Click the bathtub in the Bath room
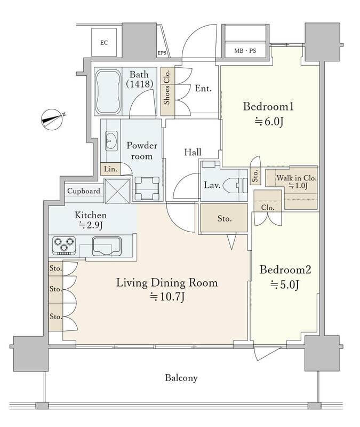click(x=108, y=92)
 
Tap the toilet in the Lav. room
click(x=235, y=185)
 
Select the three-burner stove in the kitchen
click(x=64, y=246)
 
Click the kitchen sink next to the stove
click(x=107, y=246)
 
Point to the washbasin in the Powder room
click(x=111, y=141)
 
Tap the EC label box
click(x=104, y=43)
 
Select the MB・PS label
click(x=245, y=51)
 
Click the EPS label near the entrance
click(x=162, y=53)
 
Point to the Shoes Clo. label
click(x=167, y=87)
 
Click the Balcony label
click(x=181, y=378)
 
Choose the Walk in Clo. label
click(x=297, y=178)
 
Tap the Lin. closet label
click(x=110, y=169)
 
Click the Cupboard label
click(x=84, y=191)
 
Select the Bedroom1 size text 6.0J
click(x=269, y=122)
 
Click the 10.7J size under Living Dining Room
click(x=167, y=297)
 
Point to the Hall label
click(x=193, y=152)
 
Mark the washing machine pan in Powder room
click(x=147, y=188)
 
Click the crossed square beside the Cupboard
click(x=117, y=191)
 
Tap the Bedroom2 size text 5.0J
click(x=285, y=285)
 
